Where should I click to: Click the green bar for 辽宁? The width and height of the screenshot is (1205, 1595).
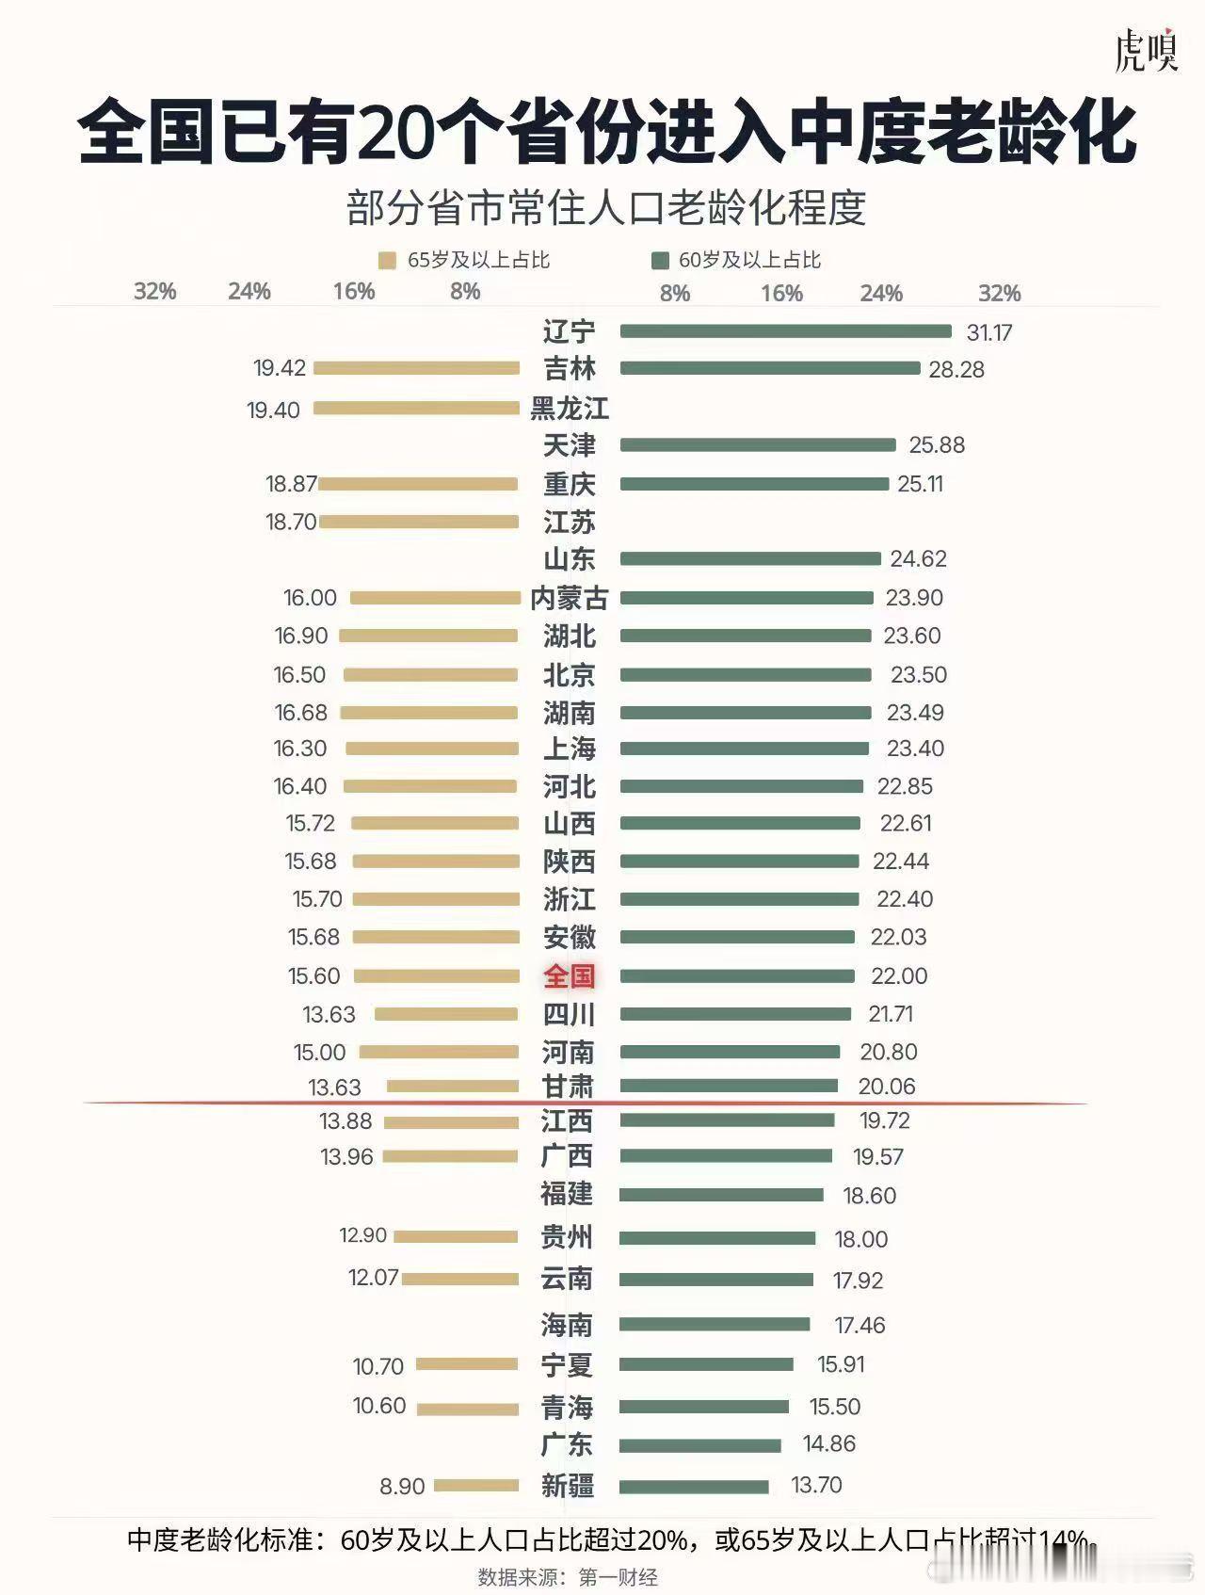coord(785,331)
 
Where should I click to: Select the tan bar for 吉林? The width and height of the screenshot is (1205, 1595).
coord(416,368)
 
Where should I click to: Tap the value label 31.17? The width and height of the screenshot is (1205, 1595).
coord(989,332)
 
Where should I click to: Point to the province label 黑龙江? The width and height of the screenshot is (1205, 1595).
coord(569,409)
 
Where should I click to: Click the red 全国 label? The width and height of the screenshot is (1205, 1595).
coord(569,976)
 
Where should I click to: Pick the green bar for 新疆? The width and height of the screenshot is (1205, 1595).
coord(694,1487)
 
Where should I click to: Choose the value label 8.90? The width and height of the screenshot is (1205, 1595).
coord(402,1487)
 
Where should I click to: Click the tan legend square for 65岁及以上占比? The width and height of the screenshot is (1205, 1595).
coord(387,261)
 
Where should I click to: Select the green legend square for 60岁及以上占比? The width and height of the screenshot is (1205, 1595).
coord(660,261)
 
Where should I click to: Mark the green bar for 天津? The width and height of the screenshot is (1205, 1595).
coord(758,444)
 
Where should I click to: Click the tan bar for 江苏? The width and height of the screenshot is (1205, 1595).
coord(419,522)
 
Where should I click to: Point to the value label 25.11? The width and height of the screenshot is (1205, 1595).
coord(920,484)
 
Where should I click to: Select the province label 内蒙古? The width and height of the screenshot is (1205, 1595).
coord(569,598)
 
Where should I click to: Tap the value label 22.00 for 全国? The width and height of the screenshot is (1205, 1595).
coord(899,976)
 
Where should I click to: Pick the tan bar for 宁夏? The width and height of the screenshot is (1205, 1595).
coord(467,1364)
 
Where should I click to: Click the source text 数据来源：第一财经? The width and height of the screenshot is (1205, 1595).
coord(568,1577)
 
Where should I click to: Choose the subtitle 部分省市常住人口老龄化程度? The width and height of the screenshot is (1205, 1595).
coord(606,208)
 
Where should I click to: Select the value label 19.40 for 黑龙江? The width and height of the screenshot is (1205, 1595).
coord(273,411)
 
